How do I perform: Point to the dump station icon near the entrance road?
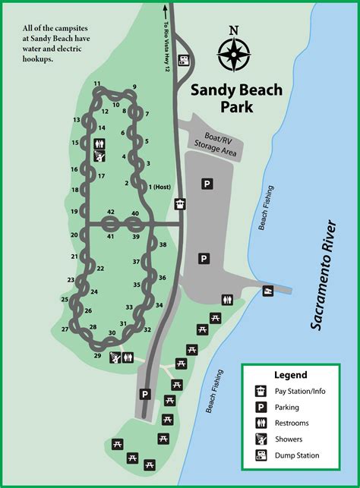tap(183, 60)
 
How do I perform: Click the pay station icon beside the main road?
tap(179, 203)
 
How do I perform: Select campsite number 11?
tap(97, 83)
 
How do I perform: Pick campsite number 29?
tap(97, 355)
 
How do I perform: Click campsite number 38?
tap(163, 244)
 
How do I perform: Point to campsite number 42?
tap(111, 212)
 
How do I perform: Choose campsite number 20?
tap(74, 235)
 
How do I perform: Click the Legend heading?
tap(291, 375)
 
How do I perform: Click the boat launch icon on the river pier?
tap(267, 291)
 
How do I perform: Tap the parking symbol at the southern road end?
tap(145, 394)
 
